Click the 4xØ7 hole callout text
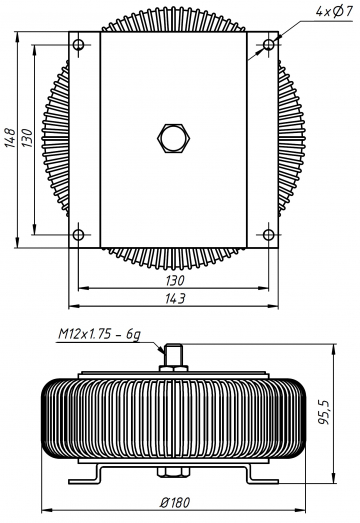click(x=334, y=12)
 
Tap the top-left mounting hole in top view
click(x=78, y=44)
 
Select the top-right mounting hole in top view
click(x=269, y=44)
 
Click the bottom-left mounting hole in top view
click(x=78, y=234)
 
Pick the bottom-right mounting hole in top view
click(x=269, y=234)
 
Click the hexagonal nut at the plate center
click(x=173, y=138)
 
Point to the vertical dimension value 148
click(x=10, y=137)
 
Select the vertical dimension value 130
click(x=27, y=138)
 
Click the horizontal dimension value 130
click(x=175, y=280)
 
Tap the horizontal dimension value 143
click(x=175, y=298)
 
